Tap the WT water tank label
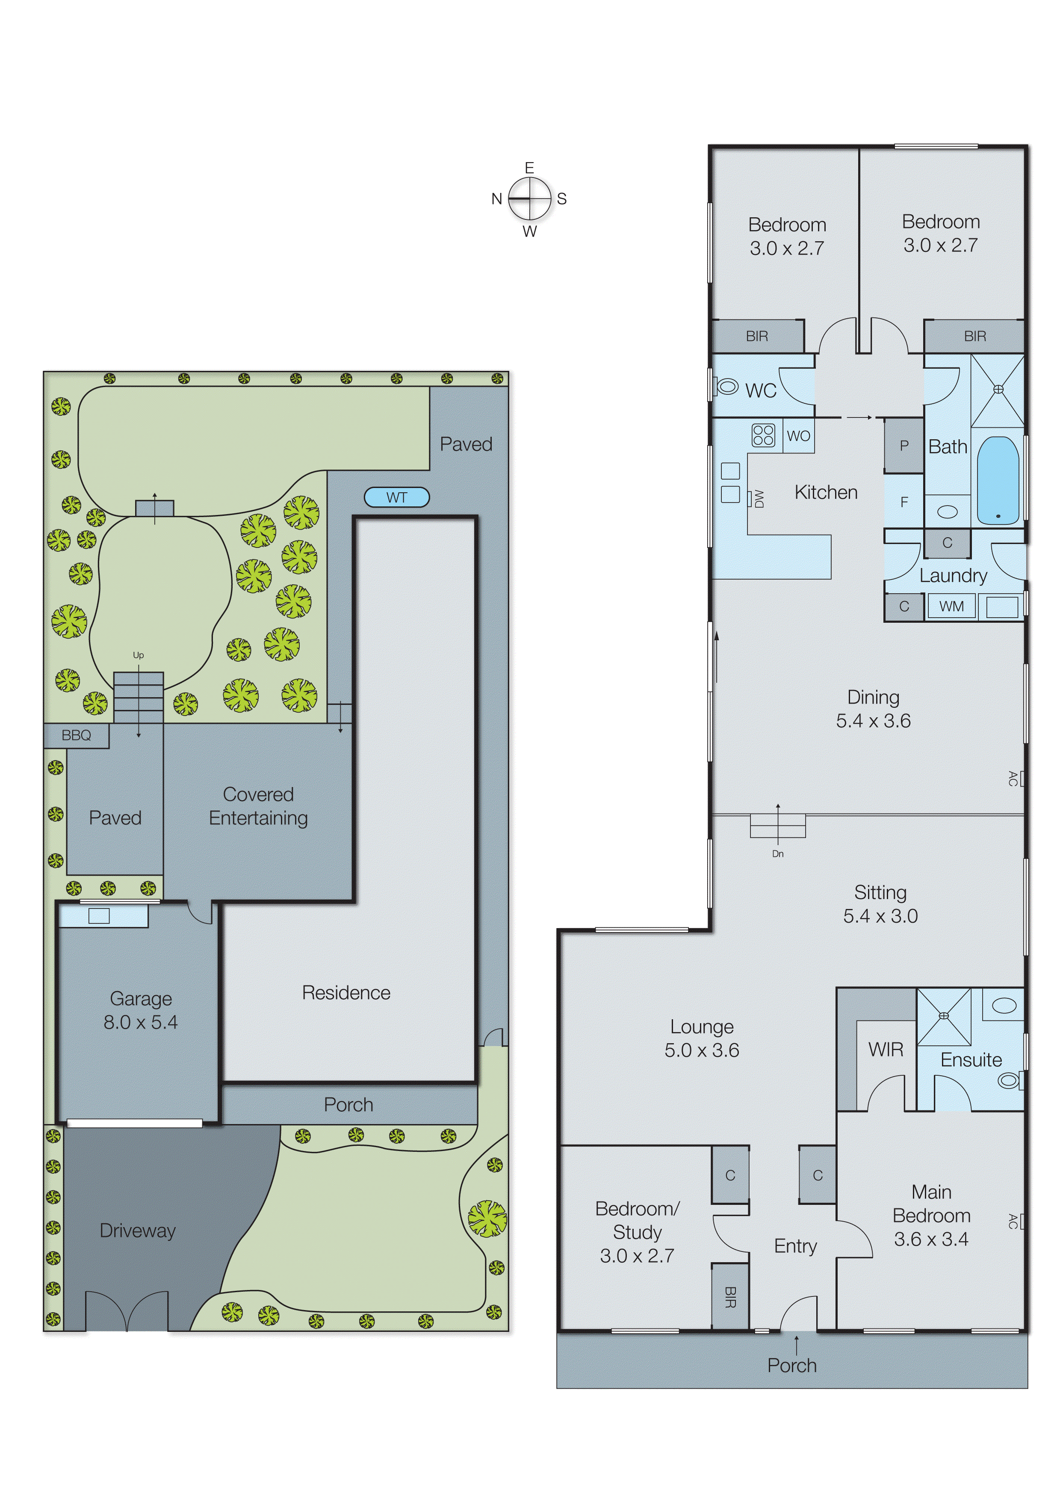tap(396, 497)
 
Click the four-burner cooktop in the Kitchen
tap(763, 435)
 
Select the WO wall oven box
tap(798, 435)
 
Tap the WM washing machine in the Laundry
tap(951, 606)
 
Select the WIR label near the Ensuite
tap(886, 1049)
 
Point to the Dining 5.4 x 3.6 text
tap(873, 709)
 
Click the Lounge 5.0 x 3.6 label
tap(702, 1038)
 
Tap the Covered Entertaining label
tap(258, 806)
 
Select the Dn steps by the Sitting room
tap(777, 826)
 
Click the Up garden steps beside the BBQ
tap(139, 697)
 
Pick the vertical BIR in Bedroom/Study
tap(730, 1296)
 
